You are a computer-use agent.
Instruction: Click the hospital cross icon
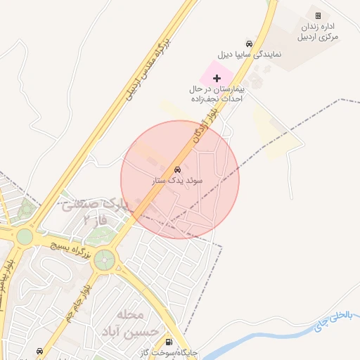coord(217,77)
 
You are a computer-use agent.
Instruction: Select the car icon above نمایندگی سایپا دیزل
coord(247,44)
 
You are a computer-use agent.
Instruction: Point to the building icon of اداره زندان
coord(318,15)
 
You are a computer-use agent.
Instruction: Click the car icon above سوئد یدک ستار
coord(178,170)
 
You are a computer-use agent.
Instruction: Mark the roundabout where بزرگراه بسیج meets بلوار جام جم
coord(104,259)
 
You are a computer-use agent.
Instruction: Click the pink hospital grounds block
coord(211,73)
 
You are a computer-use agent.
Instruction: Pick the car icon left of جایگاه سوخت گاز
coord(39,351)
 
